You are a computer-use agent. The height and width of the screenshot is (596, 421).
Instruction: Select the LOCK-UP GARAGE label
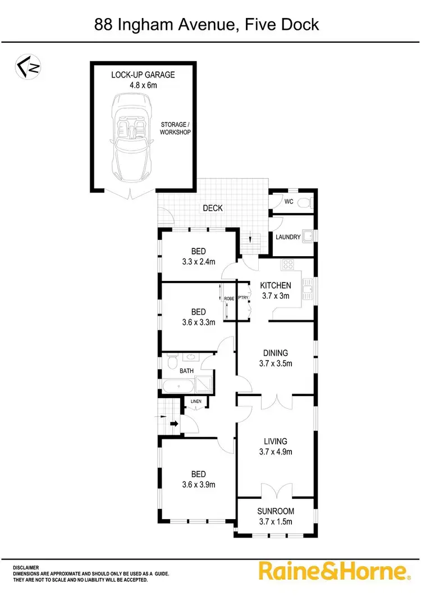(x=144, y=74)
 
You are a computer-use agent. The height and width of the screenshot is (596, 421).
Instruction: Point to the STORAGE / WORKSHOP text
(x=176, y=128)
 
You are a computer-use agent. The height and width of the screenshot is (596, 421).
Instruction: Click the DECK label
(x=213, y=208)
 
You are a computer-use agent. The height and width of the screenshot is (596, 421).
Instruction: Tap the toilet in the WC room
(x=304, y=202)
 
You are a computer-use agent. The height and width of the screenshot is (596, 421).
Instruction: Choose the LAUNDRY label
(x=288, y=238)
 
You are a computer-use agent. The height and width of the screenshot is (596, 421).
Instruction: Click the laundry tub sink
(x=308, y=236)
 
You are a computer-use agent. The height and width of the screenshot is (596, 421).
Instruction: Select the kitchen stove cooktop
(x=290, y=264)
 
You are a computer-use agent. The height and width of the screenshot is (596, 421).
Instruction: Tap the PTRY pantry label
(x=243, y=299)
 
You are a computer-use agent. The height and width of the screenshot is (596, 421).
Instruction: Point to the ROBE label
(x=228, y=299)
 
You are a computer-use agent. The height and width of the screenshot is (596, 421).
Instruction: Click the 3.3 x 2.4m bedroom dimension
(x=198, y=261)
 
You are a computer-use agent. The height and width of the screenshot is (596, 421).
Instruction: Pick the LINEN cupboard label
(x=196, y=401)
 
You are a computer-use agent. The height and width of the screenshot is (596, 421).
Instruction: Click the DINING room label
(x=276, y=353)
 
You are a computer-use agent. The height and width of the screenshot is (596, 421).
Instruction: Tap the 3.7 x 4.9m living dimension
(x=275, y=452)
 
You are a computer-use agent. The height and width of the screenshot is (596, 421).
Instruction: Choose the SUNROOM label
(x=276, y=512)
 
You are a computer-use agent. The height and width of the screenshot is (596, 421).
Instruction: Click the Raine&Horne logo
(x=332, y=571)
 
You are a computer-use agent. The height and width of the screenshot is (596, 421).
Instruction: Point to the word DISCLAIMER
(x=26, y=568)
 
